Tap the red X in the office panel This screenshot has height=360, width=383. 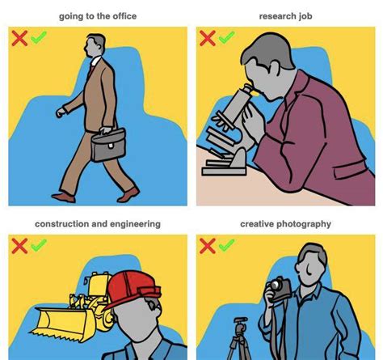click(19, 38)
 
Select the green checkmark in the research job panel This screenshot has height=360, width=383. click(226, 38)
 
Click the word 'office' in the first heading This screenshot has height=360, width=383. click(120, 16)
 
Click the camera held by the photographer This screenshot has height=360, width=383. click(280, 287)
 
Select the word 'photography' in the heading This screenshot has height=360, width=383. click(304, 224)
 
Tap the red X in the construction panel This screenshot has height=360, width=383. click(19, 245)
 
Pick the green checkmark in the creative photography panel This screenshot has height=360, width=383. click(226, 245)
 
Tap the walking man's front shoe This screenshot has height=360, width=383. click(128, 195)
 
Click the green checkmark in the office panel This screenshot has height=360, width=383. click(38, 38)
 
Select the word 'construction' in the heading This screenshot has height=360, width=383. click(65, 224)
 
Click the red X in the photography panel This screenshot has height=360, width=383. click(207, 245)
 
